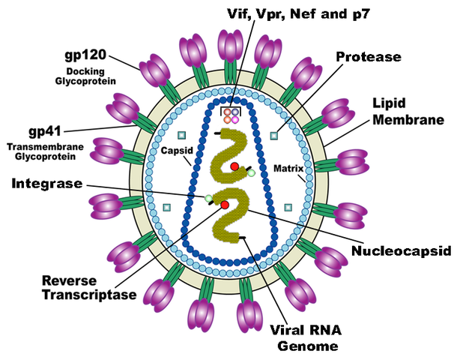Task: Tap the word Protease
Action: (368, 57)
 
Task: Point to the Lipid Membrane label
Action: (401, 111)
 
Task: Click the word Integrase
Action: (45, 182)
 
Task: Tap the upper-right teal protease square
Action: (273, 136)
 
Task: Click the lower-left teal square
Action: (166, 207)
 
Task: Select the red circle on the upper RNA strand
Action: (234, 166)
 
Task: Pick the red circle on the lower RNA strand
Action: (224, 205)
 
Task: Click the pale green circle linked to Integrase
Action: (209, 198)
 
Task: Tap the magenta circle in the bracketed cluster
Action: (235, 120)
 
